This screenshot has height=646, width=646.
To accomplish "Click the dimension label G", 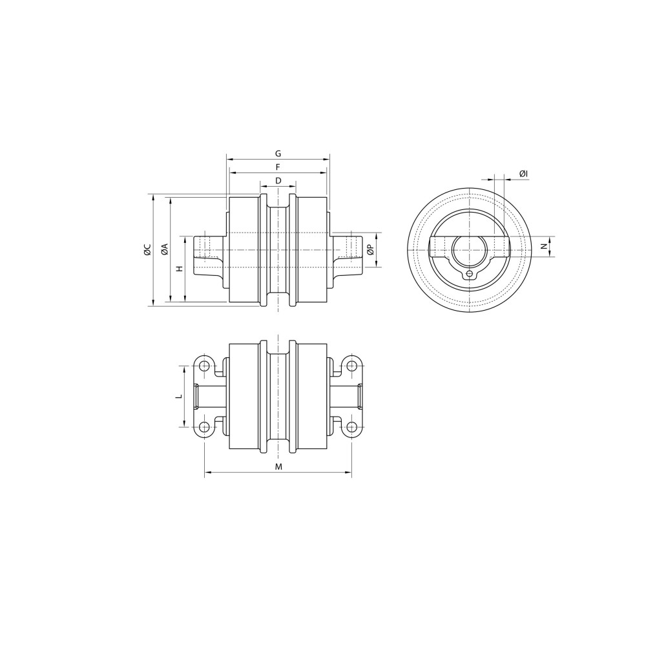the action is [x=278, y=154].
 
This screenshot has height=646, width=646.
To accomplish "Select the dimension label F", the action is [x=278, y=167].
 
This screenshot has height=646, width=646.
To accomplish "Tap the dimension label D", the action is [x=278, y=180].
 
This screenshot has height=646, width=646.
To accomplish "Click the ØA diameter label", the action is [x=164, y=249].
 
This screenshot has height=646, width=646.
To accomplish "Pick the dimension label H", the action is [x=179, y=269].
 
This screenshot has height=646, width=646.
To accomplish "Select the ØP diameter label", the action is [x=370, y=249].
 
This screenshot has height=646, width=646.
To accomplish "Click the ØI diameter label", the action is [x=524, y=174].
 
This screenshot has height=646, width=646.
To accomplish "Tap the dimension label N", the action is [x=544, y=246].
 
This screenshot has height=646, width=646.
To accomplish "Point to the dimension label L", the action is [x=178, y=397].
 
